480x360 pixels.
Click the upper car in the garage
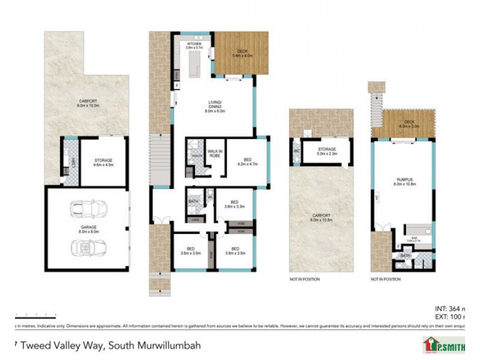click(x=85, y=209)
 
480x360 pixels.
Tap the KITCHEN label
click(x=194, y=46)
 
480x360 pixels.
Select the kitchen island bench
click(x=194, y=64)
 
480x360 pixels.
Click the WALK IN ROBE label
click(x=214, y=154)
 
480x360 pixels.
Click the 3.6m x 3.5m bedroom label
click(x=190, y=251)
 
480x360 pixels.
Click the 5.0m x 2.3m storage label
click(x=326, y=151)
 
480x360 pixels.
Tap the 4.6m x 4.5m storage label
click(x=103, y=163)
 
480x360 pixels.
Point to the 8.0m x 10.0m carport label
click(x=88, y=103)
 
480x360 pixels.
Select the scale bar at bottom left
click(x=35, y=314)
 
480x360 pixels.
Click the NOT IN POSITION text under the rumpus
click(x=385, y=280)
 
